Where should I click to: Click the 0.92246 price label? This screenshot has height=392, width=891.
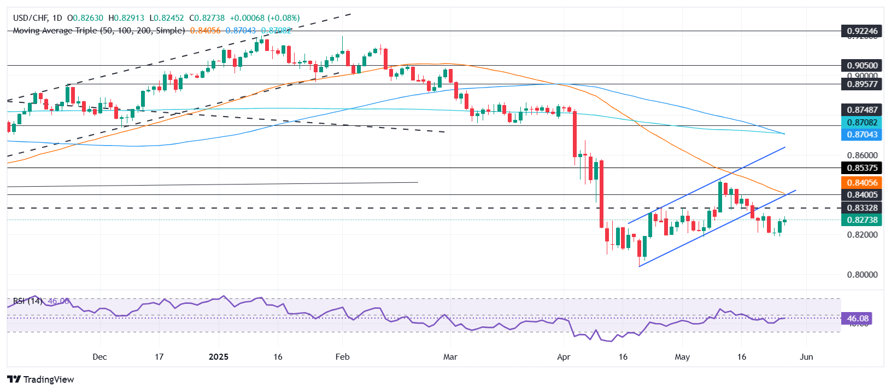point(862,31)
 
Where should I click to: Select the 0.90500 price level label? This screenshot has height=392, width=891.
point(862,66)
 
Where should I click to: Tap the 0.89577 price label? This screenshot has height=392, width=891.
point(862,84)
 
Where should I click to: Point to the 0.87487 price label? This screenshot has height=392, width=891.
point(862,110)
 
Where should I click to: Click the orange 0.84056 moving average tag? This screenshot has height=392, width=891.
point(862,183)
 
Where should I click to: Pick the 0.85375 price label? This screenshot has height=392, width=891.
point(862,168)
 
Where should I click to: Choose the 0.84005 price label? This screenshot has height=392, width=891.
point(862,195)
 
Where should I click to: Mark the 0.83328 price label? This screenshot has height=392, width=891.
point(862,208)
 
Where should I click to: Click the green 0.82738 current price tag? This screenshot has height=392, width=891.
point(862,220)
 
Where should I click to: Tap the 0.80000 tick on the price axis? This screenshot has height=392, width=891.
point(862,275)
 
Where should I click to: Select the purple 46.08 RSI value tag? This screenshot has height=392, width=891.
point(858,319)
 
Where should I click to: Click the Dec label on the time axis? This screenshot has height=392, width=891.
point(99,357)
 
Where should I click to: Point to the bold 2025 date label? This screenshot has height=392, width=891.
point(219,357)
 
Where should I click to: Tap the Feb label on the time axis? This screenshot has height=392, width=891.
point(342,357)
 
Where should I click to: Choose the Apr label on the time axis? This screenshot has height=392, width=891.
point(564,357)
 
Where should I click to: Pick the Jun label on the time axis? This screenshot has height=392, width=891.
point(806,357)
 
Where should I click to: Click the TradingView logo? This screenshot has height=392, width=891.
point(41,379)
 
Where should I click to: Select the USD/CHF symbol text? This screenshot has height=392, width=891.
point(30,18)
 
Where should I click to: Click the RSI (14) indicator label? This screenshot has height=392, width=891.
point(28,301)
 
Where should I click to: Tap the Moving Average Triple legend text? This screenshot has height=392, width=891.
point(98,31)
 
